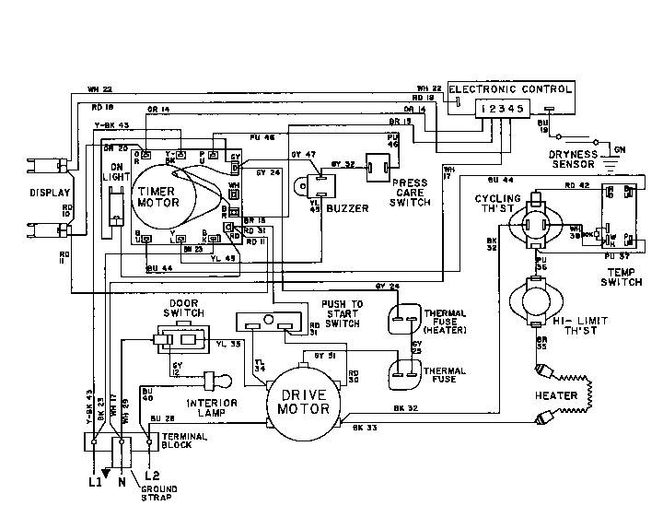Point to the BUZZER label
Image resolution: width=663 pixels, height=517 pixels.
348,209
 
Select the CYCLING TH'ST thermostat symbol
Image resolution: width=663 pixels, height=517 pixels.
535,223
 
